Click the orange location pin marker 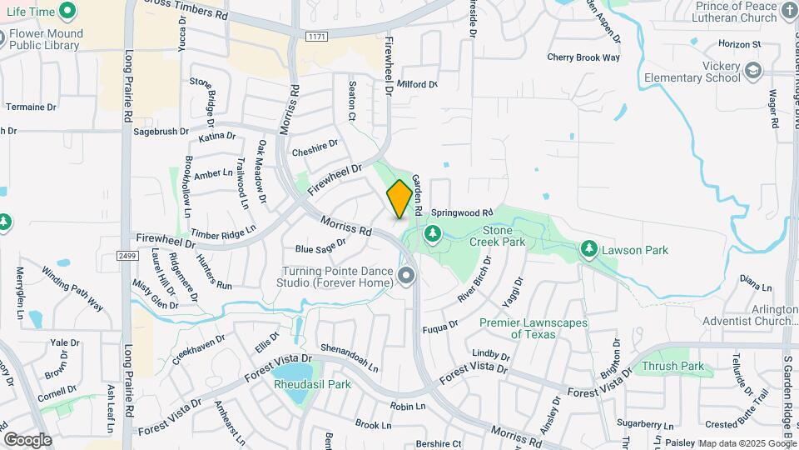[399, 199]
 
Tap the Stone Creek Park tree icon [432, 234]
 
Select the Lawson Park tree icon [589, 249]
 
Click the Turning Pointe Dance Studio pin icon [407, 277]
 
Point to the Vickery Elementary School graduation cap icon [753, 72]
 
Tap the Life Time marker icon [67, 12]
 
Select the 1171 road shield [315, 37]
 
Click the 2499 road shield [127, 256]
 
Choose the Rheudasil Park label [312, 384]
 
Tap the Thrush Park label [672, 366]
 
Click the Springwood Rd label [461, 212]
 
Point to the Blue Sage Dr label [320, 247]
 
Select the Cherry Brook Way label [583, 57]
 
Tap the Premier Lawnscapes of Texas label [533, 328]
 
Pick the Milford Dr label [417, 84]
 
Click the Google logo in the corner [27, 440]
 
